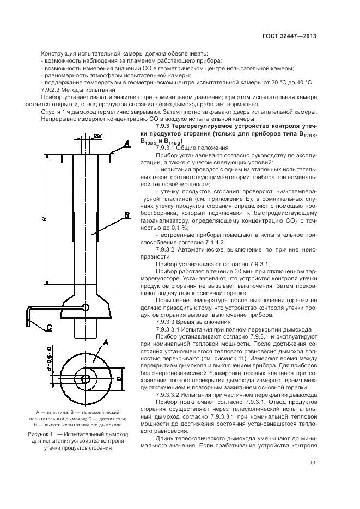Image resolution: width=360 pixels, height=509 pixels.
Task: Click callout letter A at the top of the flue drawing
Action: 126,143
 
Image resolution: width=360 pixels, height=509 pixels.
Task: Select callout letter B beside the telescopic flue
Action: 126,216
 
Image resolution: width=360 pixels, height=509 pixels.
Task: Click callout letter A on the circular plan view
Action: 107,342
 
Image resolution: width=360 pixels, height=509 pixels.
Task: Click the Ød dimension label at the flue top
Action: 98,136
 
